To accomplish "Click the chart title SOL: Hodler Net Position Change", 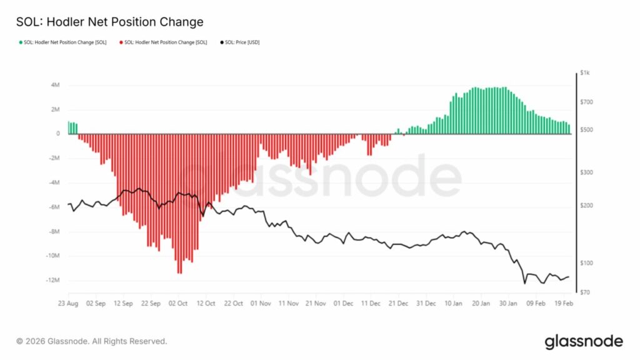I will pos(109,22).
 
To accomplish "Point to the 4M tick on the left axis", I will pos(55,85).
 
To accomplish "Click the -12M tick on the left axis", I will pos(52,280).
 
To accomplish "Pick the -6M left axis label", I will pos(54,207).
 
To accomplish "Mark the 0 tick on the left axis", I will pos(58,134).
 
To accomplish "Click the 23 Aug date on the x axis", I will pos(68,303).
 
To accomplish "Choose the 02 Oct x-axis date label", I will pos(179,303).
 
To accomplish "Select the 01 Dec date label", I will pos(343,303).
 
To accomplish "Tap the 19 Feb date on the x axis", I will pos(564,303).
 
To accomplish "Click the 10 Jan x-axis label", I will pos(454,303).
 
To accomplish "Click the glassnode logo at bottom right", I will pos(583,341).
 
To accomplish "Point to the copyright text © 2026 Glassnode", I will pos(92,341).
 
